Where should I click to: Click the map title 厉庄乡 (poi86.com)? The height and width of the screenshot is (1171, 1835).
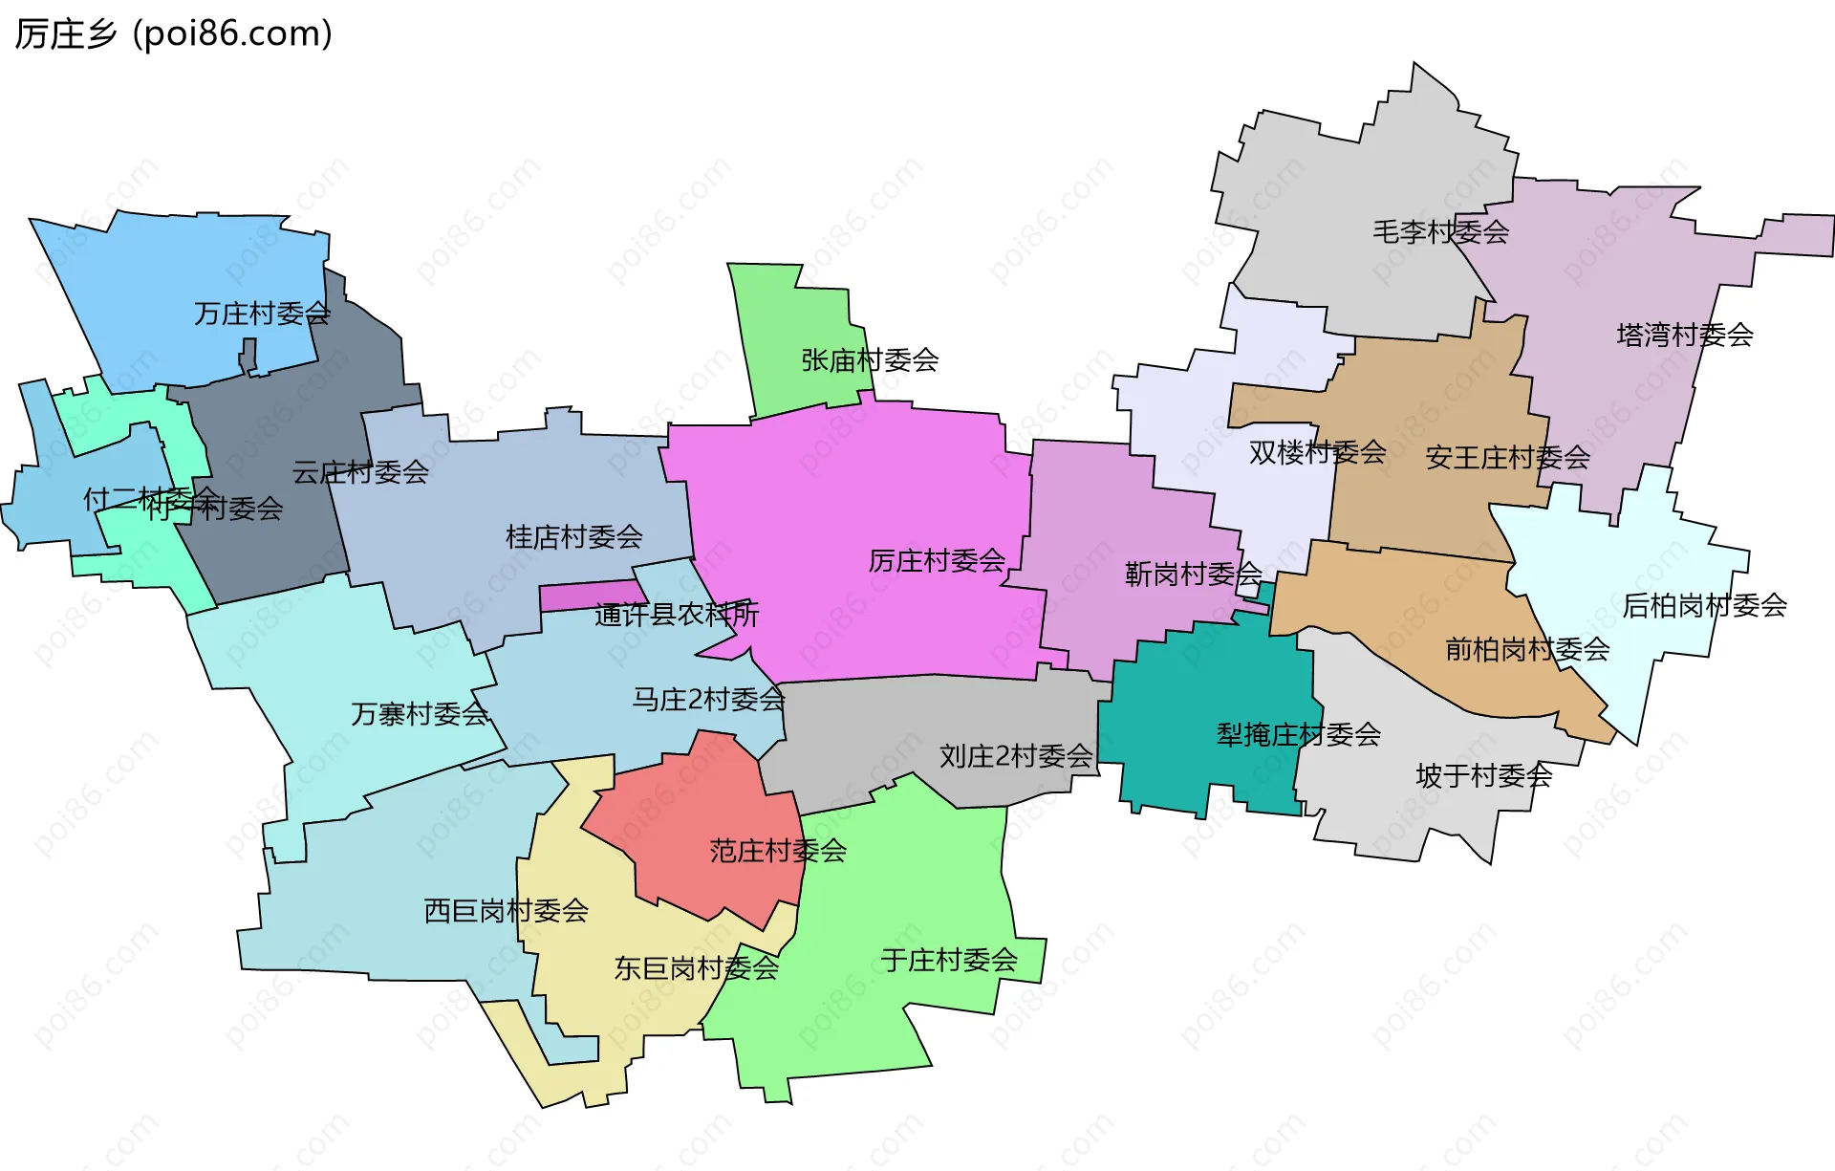pos(173,33)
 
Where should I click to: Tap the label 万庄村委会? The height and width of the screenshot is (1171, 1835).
pos(262,314)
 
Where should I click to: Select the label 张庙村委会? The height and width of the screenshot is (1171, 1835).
pos(870,360)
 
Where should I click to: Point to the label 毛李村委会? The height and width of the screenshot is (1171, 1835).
pos(1440,231)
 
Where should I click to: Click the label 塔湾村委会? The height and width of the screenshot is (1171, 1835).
pos(1684,335)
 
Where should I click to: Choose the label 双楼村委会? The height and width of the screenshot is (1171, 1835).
pos(1317,452)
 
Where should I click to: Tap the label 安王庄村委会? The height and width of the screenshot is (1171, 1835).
pos(1507,458)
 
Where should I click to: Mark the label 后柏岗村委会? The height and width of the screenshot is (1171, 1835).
pos(1704,605)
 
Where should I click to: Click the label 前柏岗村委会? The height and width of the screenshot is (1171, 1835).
pos(1527,650)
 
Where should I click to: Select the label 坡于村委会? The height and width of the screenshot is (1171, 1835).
pos(1483,775)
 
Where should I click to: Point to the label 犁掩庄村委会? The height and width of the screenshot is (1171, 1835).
pos(1298,735)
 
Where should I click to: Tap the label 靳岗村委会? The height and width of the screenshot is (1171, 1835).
pos(1193,575)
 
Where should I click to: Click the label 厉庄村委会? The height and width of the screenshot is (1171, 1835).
pos(937,561)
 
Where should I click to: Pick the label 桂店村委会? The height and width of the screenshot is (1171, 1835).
pos(573,537)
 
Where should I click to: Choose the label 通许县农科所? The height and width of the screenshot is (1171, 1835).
pos(676,615)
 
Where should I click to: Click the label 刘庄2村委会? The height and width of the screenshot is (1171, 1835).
pos(1016,756)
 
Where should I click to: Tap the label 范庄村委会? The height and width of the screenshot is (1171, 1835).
pos(778,851)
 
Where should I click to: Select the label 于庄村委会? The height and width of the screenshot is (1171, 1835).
pos(949,960)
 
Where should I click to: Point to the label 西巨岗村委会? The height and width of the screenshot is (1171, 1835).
pos(506,911)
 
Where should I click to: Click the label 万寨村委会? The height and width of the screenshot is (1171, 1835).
pos(420,714)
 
